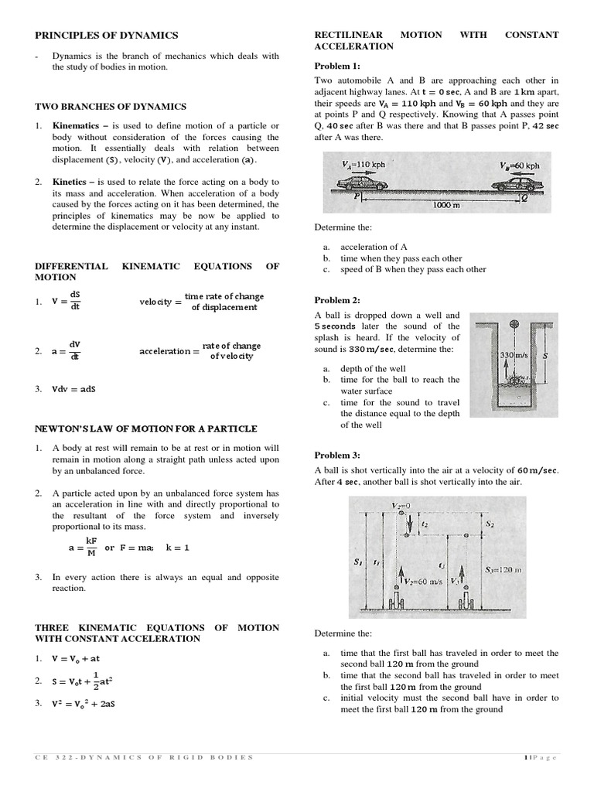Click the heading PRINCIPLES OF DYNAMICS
pos(107,35)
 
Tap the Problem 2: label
pos(337,300)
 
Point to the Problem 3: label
pos(337,456)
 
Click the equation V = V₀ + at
pos(76,659)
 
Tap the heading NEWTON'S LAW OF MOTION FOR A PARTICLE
pos(146,428)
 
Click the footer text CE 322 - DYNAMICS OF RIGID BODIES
pos(144,757)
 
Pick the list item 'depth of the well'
pos(372,369)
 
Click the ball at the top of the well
pos(513,324)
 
